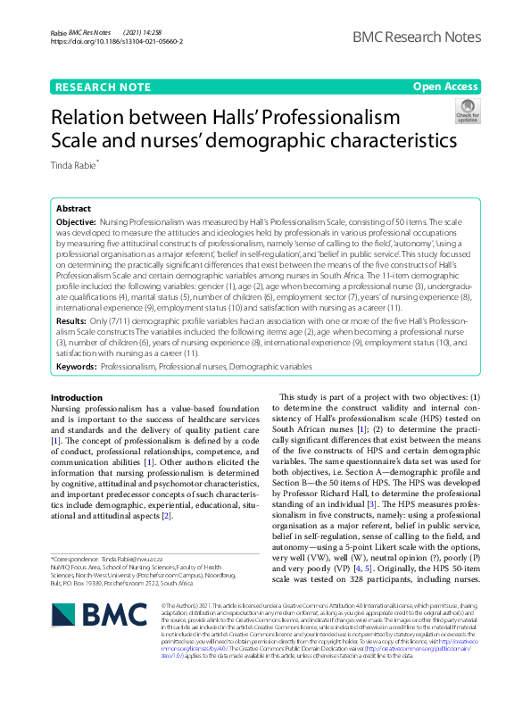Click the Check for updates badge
[x=467, y=111]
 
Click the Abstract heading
[x=73, y=206]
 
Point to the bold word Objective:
[x=76, y=220]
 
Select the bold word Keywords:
[x=76, y=365]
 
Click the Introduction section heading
[x=77, y=397]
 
